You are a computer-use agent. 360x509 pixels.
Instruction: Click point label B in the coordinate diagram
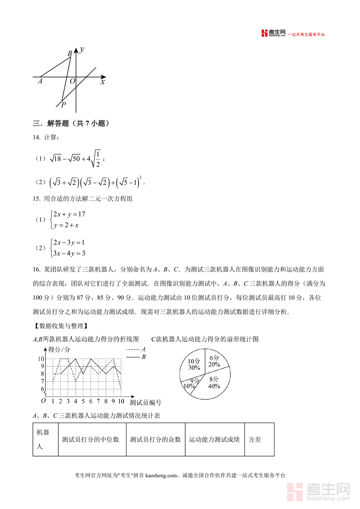[70, 54]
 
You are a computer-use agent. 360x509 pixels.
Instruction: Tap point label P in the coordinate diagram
[63, 105]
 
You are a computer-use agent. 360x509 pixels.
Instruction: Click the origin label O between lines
[72, 82]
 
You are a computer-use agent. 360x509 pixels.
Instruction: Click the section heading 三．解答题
[71, 124]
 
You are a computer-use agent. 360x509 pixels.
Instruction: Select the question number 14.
[36, 138]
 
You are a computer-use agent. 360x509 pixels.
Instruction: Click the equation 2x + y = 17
[69, 214]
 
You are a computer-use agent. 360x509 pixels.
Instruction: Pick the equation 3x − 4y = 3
[69, 253]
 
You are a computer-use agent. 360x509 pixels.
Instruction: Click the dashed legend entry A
[136, 349]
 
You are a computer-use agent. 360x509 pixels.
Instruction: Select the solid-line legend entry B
[136, 357]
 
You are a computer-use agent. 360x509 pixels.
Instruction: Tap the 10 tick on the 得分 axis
[41, 359]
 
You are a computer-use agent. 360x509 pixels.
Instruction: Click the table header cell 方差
[255, 439]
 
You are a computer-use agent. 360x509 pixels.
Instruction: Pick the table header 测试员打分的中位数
[91, 439]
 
